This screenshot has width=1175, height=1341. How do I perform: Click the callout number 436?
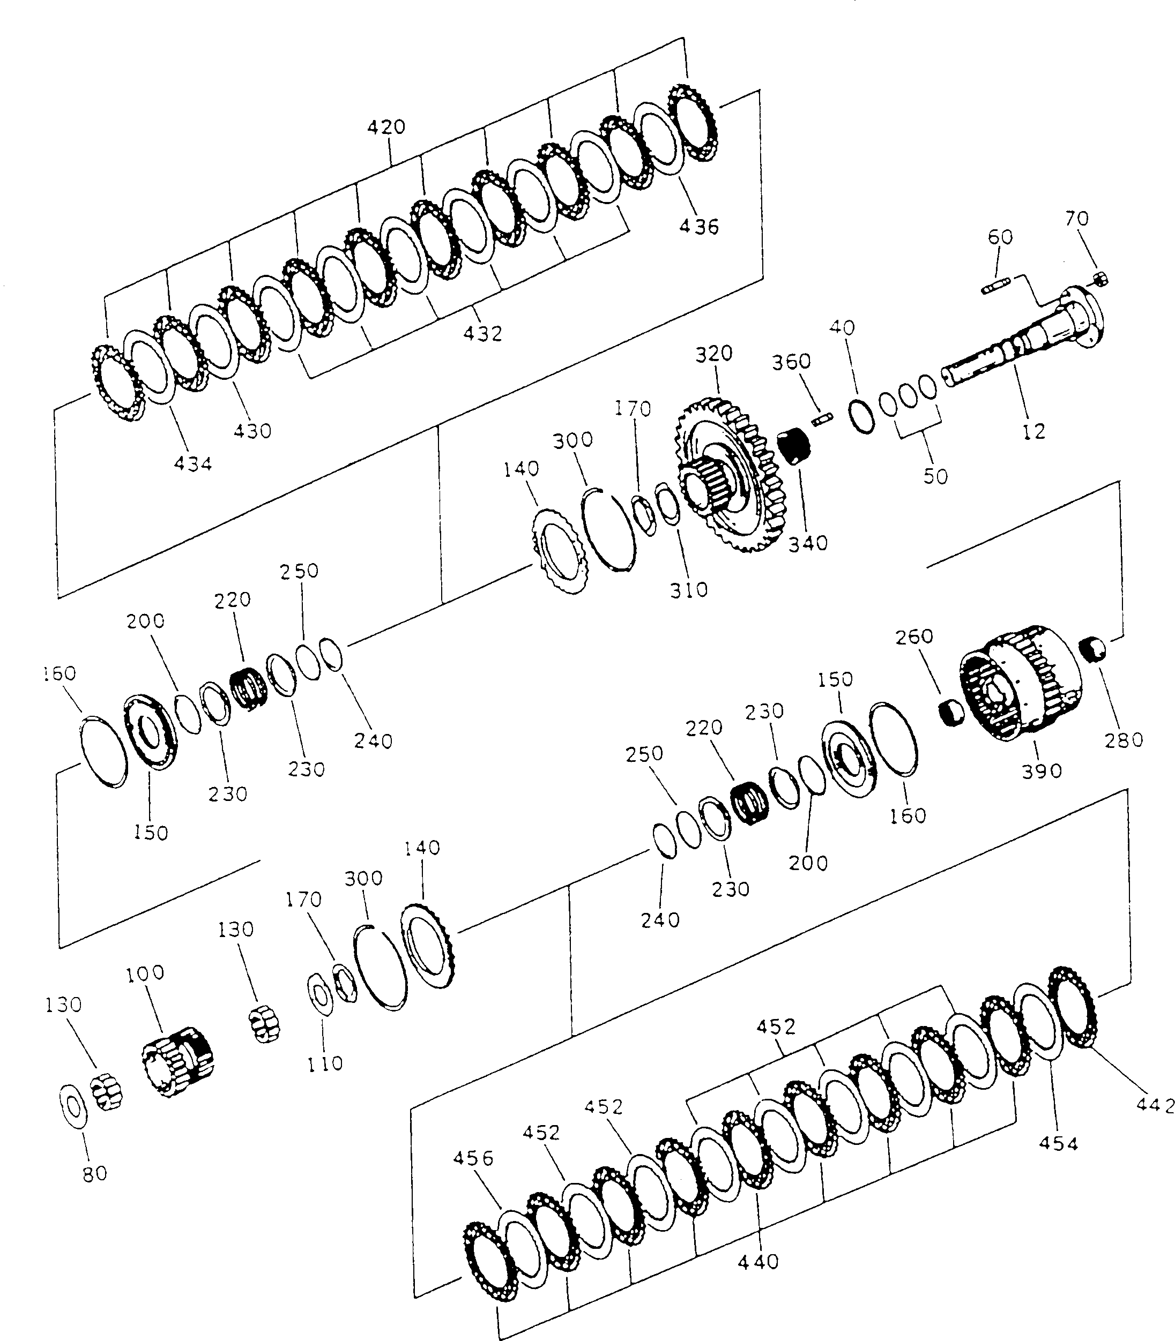699,227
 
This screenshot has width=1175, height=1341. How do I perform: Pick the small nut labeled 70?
1102,279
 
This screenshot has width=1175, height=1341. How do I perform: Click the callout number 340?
808,543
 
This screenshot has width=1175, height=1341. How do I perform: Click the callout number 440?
758,1262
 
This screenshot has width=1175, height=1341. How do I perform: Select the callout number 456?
473,1158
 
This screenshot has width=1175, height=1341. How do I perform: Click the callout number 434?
193,464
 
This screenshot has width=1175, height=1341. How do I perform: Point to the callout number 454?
1058,1144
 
